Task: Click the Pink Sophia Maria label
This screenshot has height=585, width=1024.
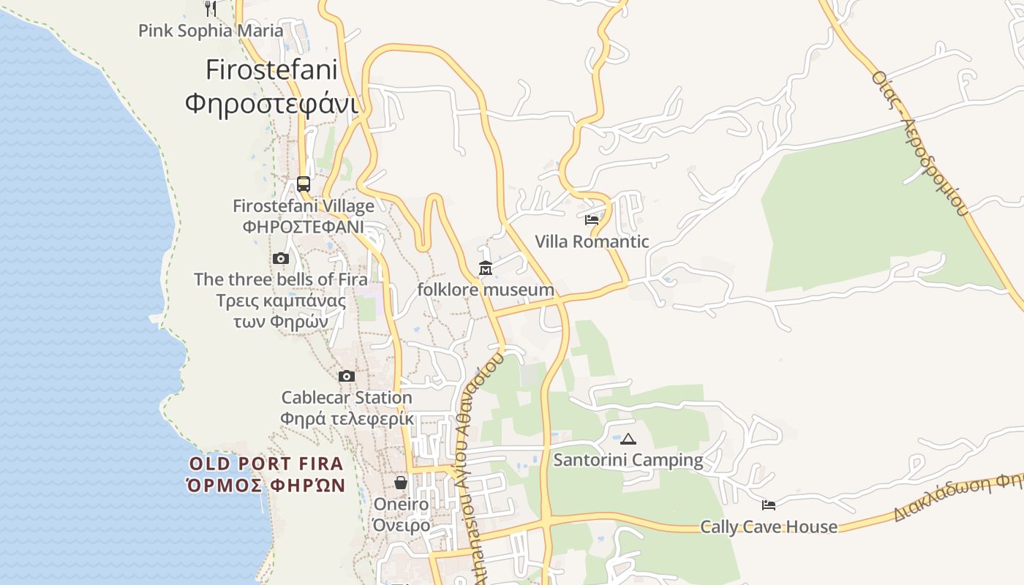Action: pyautogui.click(x=211, y=31)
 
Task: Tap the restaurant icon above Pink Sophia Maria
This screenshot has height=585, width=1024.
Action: pyautogui.click(x=211, y=8)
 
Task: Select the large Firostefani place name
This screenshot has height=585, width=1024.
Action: pyautogui.click(x=271, y=70)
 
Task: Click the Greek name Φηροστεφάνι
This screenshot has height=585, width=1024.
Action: pyautogui.click(x=271, y=104)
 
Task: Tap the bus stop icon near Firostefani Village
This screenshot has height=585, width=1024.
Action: pyautogui.click(x=304, y=184)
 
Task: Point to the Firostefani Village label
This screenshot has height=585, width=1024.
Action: pyautogui.click(x=304, y=206)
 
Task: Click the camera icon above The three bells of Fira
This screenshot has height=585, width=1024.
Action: pyautogui.click(x=281, y=258)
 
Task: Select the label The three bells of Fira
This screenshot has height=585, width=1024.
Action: pyautogui.click(x=281, y=279)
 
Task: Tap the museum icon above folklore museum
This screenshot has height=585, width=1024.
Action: pyautogui.click(x=486, y=268)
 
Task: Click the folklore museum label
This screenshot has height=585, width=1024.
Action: pyautogui.click(x=486, y=290)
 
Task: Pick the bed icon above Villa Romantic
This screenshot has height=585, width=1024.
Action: pyautogui.click(x=592, y=219)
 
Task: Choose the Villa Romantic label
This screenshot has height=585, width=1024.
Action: pyautogui.click(x=592, y=241)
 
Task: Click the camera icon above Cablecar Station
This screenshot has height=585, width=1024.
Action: pyautogui.click(x=347, y=377)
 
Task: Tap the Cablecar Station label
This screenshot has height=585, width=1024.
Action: pyautogui.click(x=347, y=398)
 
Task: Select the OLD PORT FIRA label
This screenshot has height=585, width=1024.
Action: pyautogui.click(x=266, y=464)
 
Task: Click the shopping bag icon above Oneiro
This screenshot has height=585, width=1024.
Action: pyautogui.click(x=401, y=483)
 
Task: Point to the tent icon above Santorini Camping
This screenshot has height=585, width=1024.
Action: pyautogui.click(x=628, y=439)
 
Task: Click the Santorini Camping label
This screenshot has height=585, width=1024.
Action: pyautogui.click(x=628, y=460)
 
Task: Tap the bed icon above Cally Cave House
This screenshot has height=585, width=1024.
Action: pyautogui.click(x=769, y=505)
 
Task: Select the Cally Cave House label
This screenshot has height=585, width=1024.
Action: pyautogui.click(x=769, y=526)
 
